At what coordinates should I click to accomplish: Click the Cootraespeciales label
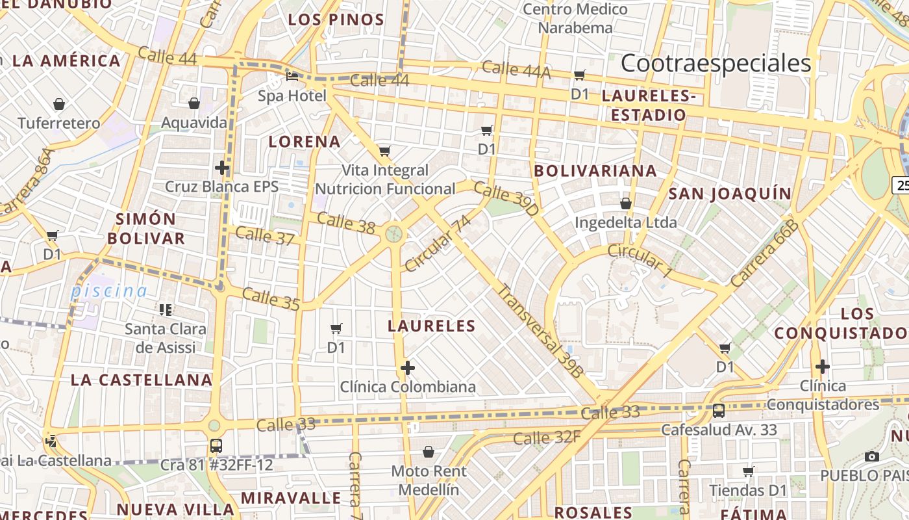pyautogui.click(x=716, y=64)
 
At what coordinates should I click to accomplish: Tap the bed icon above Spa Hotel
pyautogui.click(x=292, y=77)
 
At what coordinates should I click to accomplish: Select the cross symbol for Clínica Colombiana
pyautogui.click(x=408, y=369)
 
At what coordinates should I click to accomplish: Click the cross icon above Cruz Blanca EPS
pyautogui.click(x=222, y=168)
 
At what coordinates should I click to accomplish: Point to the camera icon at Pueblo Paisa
pyautogui.click(x=872, y=456)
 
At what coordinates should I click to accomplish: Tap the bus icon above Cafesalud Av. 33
pyautogui.click(x=719, y=410)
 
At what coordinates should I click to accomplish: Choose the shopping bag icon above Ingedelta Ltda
pyautogui.click(x=626, y=203)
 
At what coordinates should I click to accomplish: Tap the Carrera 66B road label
pyautogui.click(x=764, y=253)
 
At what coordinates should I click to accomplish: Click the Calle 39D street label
pyautogui.click(x=506, y=199)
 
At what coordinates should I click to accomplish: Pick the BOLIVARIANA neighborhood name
pyautogui.click(x=595, y=171)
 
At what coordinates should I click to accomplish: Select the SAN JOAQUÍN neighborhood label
pyautogui.click(x=730, y=194)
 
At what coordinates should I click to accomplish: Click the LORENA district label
pyautogui.click(x=305, y=142)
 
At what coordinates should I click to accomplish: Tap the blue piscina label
pyautogui.click(x=109, y=291)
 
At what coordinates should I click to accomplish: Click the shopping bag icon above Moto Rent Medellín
pyautogui.click(x=429, y=451)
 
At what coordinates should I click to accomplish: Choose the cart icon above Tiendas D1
pyautogui.click(x=749, y=471)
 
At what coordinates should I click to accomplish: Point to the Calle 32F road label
pyautogui.click(x=547, y=437)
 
